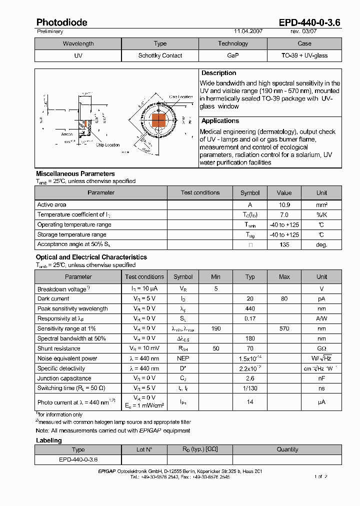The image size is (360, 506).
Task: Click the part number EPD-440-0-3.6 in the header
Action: pyautogui.click(x=309, y=22)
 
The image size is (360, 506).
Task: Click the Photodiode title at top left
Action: pyautogui.click(x=61, y=22)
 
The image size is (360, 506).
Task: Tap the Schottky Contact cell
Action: pyautogui.click(x=160, y=55)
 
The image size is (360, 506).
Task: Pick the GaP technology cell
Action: pyautogui.click(x=232, y=55)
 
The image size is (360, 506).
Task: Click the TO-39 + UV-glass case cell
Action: pyautogui.click(x=304, y=55)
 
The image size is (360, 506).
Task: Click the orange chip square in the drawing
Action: pyautogui.click(x=158, y=120)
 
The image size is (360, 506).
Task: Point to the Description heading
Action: pyautogui.click(x=219, y=73)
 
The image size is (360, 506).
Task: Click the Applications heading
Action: pyautogui.click(x=220, y=121)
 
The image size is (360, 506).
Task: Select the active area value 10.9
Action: pyautogui.click(x=284, y=205)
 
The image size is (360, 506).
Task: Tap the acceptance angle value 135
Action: pyautogui.click(x=284, y=245)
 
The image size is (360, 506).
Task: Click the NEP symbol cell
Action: pyautogui.click(x=183, y=358)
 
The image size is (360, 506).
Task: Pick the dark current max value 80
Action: pyautogui.click(x=284, y=298)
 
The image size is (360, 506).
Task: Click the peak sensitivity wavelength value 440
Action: pyautogui.click(x=250, y=308)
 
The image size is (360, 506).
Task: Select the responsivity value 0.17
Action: pyautogui.click(x=250, y=318)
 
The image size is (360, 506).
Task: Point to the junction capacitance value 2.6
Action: pyautogui.click(x=250, y=378)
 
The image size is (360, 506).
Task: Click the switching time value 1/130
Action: pyautogui.click(x=250, y=388)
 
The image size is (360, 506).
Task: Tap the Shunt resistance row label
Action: pyautogui.click(x=59, y=348)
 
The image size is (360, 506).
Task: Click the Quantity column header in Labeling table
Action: pyautogui.click(x=287, y=449)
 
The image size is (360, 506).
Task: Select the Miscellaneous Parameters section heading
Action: pyautogui.click(x=75, y=173)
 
